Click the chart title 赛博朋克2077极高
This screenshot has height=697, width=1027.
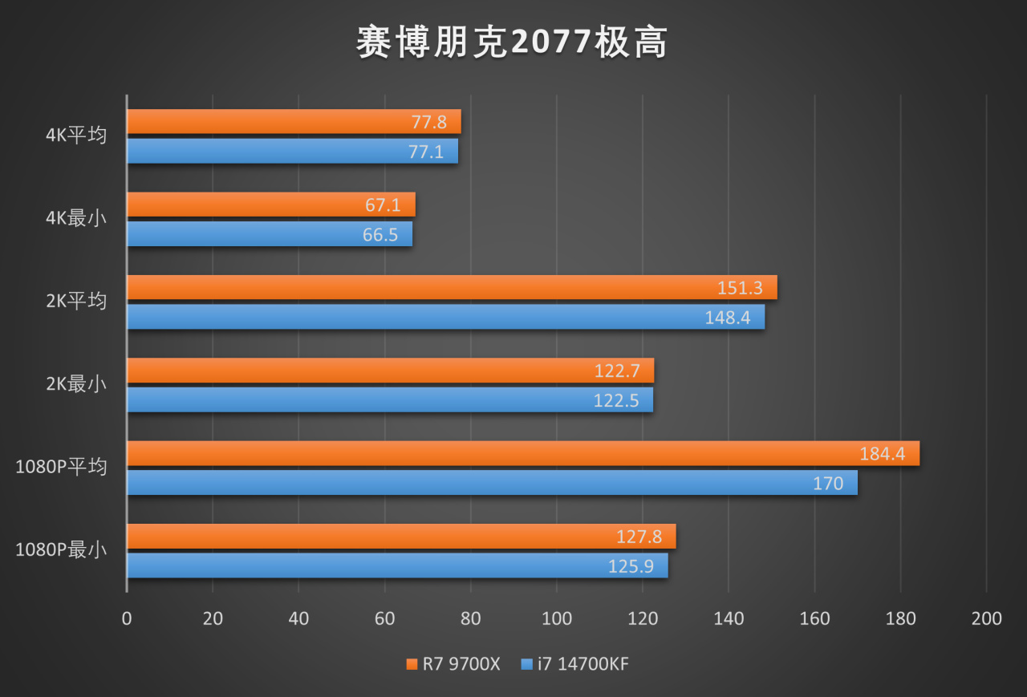click(512, 43)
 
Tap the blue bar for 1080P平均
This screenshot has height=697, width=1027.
click(491, 483)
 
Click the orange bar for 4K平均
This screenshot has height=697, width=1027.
click(293, 122)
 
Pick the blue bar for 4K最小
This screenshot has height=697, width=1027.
click(269, 234)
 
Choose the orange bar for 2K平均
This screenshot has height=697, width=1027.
click(451, 288)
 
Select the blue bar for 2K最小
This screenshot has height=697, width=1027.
click(389, 399)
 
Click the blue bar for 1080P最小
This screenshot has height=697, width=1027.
click(396, 565)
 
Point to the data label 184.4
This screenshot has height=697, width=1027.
click(882, 454)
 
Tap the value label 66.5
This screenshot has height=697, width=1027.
click(380, 235)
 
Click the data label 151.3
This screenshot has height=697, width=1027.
click(740, 288)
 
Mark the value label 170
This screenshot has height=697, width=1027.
click(828, 483)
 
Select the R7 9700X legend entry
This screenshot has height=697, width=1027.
click(453, 664)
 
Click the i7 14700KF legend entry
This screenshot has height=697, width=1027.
click(574, 664)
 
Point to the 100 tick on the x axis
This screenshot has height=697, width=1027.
click(557, 618)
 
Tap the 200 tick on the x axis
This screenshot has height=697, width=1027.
click(986, 618)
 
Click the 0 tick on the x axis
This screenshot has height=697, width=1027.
click(127, 618)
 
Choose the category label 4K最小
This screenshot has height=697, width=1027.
click(76, 218)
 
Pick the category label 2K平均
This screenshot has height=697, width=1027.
click(76, 302)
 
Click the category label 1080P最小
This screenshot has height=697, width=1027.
click(61, 550)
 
